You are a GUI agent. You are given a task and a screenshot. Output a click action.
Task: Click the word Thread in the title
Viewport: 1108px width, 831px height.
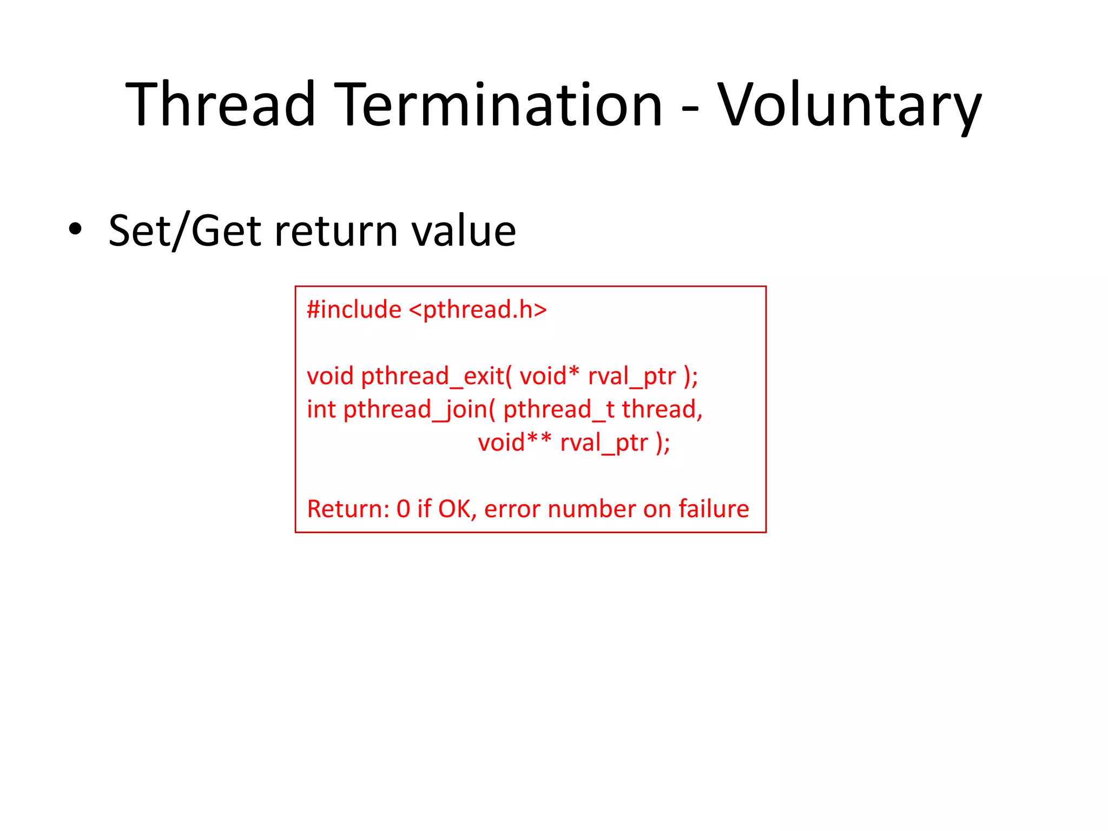pyautogui.click(x=221, y=104)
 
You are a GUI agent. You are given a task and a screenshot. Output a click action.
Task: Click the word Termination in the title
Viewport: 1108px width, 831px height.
pyautogui.click(x=498, y=104)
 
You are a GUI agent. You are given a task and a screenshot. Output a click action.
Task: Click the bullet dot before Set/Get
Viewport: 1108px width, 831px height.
pyautogui.click(x=75, y=229)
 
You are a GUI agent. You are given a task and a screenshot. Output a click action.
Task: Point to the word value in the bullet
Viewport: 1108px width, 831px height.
pyautogui.click(x=463, y=230)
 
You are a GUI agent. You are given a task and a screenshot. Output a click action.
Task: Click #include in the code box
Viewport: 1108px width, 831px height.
pyautogui.click(x=354, y=310)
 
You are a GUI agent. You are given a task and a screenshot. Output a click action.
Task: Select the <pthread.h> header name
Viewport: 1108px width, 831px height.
pyautogui.click(x=478, y=310)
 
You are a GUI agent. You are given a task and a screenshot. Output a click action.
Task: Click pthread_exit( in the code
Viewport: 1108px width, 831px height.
pyautogui.click(x=436, y=376)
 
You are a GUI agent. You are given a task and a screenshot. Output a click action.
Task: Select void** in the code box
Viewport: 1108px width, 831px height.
pyautogui.click(x=514, y=443)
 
